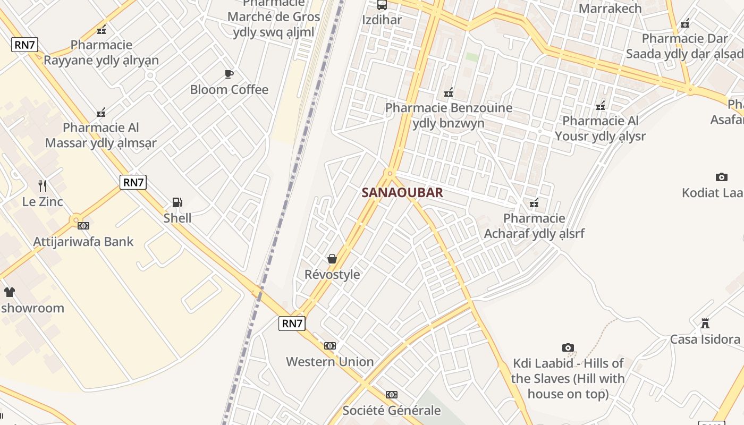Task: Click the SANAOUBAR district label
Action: click(402, 193)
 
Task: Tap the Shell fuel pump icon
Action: click(177, 202)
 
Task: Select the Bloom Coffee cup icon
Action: click(229, 74)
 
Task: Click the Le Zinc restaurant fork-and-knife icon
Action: click(43, 186)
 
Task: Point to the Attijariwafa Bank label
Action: click(83, 242)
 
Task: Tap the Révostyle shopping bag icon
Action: click(332, 259)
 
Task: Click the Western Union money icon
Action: click(330, 346)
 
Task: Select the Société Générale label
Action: click(392, 411)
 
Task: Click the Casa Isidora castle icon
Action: click(705, 323)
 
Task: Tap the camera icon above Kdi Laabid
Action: click(568, 348)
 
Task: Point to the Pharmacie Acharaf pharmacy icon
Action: click(534, 202)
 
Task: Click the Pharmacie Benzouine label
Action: click(449, 115)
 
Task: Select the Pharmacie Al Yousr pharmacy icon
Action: click(601, 106)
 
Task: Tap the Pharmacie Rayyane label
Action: click(101, 53)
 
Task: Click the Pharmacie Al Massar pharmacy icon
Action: click(101, 112)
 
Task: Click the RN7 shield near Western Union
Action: click(292, 323)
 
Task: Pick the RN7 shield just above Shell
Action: click(133, 182)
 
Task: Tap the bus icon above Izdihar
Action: click(382, 5)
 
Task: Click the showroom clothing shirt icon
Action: click(10, 292)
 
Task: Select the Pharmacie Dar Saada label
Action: click(684, 46)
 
